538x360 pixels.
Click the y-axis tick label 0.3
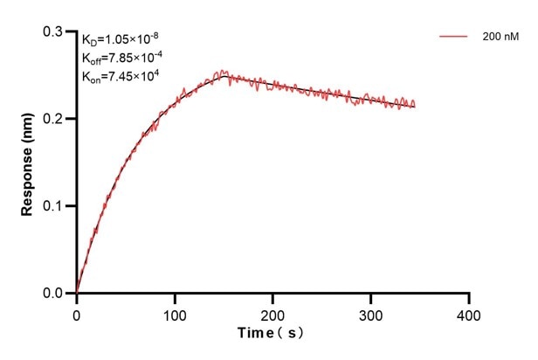[57, 31]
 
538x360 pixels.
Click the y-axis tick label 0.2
[57, 119]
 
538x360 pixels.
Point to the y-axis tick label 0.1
[57, 206]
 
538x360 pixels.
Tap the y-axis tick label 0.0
[57, 294]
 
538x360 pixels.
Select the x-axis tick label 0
[77, 313]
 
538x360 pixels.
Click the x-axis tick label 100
[175, 313]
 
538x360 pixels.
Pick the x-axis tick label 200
[273, 313]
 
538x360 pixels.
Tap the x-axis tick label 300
[371, 313]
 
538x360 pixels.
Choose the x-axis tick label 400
[469, 313]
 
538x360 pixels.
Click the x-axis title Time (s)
[272, 334]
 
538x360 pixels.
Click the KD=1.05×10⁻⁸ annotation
[120, 39]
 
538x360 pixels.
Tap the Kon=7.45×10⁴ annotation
[119, 76]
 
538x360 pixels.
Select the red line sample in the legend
[454, 38]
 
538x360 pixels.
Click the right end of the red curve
[414, 105]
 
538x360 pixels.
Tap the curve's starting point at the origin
[77, 293]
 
